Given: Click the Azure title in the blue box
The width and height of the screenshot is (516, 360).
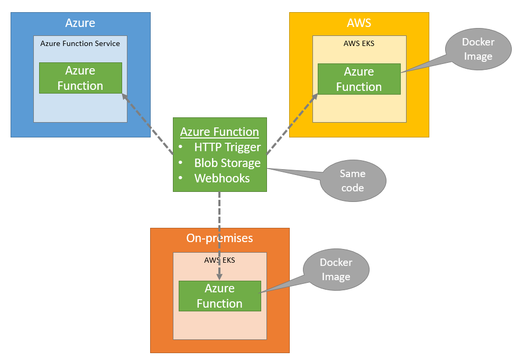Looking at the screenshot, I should tap(80, 23).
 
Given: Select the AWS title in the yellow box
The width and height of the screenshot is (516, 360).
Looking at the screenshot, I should tap(359, 23).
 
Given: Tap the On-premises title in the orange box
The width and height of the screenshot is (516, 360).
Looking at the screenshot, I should tap(219, 238).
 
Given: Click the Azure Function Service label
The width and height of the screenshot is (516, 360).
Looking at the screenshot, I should tap(80, 43).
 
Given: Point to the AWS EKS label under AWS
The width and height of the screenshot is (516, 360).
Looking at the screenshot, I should tap(359, 43).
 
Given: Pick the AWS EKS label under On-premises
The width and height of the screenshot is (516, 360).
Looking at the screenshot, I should tap(219, 260).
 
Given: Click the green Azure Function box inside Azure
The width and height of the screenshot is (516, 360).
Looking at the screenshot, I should tap(80, 78).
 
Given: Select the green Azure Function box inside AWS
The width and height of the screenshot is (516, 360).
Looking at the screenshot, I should tap(359, 79).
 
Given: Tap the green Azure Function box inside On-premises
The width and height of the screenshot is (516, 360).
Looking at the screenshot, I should tap(219, 296).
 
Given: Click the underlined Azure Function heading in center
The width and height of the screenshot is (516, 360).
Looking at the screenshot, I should tap(219, 132).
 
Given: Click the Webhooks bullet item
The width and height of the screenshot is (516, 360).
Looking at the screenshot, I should tap(222, 178).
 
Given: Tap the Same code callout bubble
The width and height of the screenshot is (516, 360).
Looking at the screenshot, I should tap(353, 181).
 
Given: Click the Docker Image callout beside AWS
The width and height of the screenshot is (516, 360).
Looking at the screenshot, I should tap(478, 49).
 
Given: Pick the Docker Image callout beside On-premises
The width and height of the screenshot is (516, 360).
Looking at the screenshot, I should tap(336, 270).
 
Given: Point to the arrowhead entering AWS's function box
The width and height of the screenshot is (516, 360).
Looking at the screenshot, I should tap(315, 96).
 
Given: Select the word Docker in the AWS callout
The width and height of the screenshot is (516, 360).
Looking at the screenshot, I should tap(478, 42).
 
